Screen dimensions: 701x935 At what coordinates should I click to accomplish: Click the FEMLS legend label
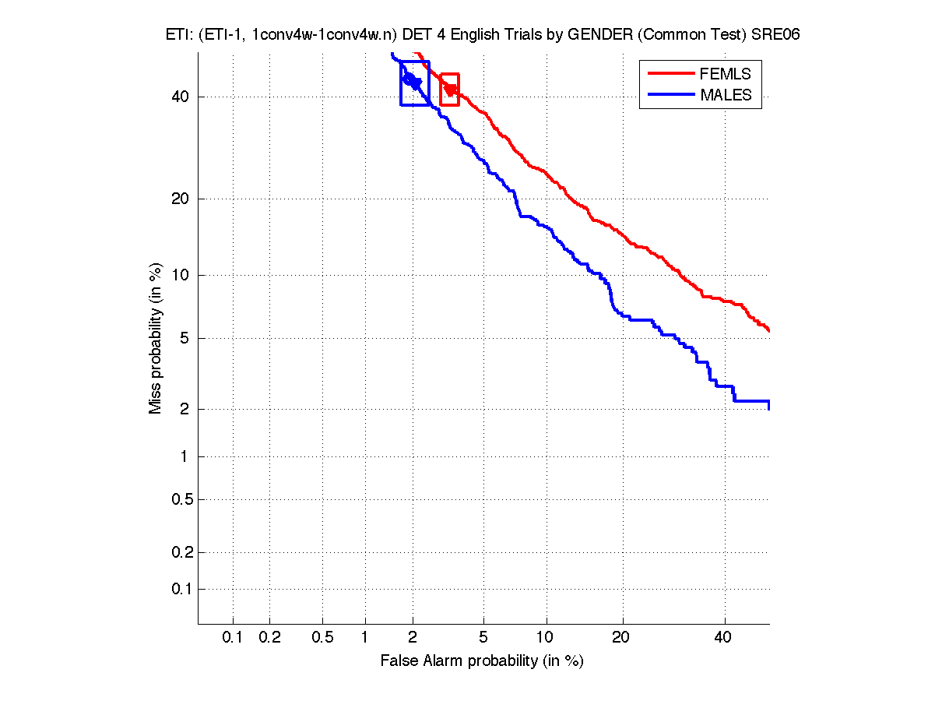point(726,74)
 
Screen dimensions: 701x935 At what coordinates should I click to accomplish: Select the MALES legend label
point(726,95)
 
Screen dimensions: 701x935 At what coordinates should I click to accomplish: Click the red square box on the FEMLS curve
point(449,90)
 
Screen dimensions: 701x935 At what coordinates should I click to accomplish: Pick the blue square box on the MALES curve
point(414,83)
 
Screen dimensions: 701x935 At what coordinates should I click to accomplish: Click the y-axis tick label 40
point(181,97)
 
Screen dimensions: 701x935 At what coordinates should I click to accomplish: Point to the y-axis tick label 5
point(185,338)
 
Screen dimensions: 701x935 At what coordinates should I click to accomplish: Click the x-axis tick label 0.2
point(269,638)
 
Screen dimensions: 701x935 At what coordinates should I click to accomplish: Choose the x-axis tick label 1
point(365,638)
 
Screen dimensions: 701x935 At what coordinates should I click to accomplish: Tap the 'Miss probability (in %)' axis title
point(156,340)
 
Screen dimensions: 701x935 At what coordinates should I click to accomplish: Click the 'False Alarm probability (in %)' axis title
point(482,661)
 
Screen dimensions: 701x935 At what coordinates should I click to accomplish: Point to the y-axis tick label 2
point(185,410)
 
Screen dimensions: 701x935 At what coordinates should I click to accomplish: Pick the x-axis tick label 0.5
point(322,638)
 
